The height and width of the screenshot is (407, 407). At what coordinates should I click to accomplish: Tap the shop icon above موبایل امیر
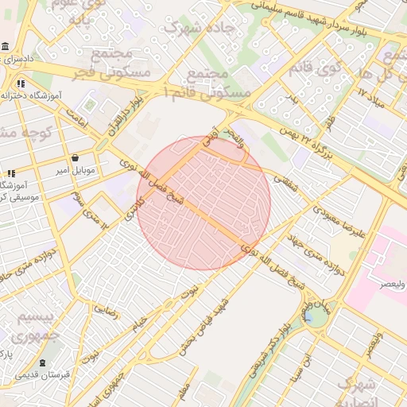pyautogui.click(x=74, y=157)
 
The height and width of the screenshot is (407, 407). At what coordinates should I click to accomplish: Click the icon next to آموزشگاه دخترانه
pyautogui.click(x=21, y=83)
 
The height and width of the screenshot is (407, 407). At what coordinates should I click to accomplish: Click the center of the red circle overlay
pyautogui.click(x=203, y=203)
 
